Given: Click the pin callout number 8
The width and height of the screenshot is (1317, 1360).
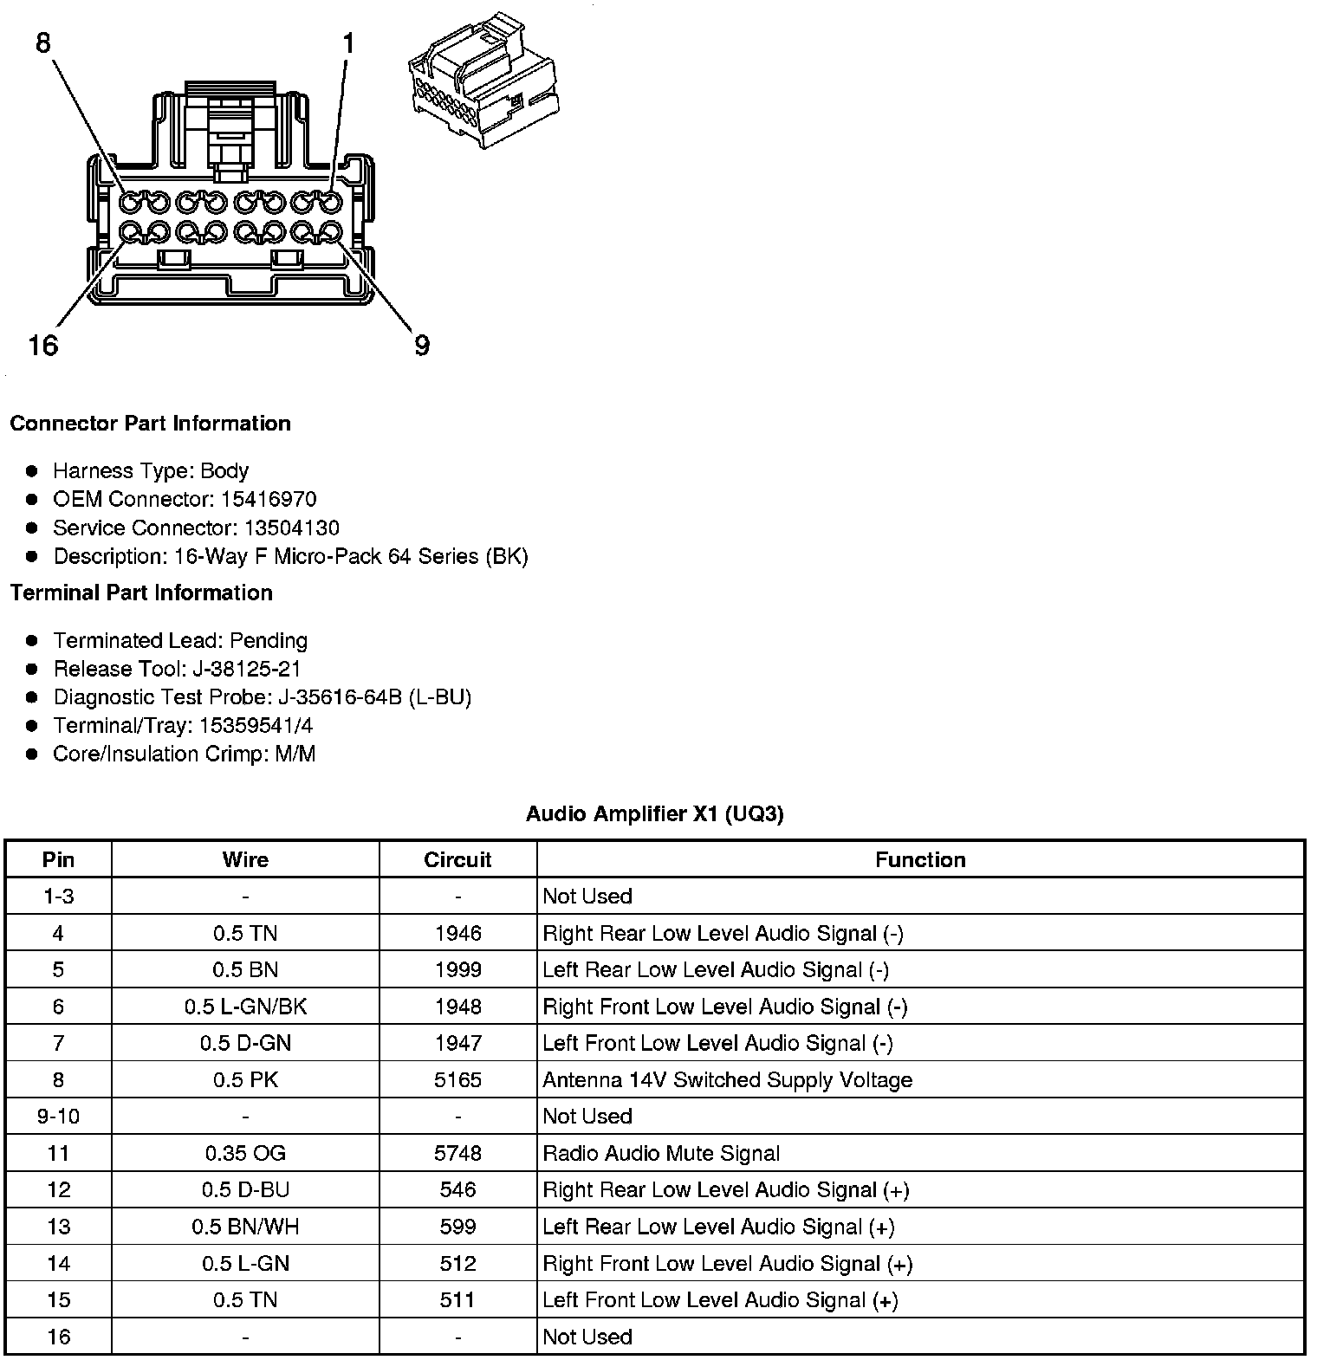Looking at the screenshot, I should point(43,42).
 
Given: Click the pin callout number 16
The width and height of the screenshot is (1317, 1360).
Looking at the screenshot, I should point(42,346).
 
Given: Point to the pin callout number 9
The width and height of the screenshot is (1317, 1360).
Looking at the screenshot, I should point(422,346).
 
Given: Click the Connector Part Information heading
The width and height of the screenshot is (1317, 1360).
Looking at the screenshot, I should point(150,424).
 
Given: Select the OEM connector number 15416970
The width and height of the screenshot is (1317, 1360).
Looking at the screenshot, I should point(269,499).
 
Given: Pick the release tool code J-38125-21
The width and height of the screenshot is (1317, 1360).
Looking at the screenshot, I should point(247,669).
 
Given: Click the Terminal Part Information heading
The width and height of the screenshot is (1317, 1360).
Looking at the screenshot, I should point(141,593).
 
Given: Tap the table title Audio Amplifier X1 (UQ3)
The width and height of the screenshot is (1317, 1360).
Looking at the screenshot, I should point(655,813).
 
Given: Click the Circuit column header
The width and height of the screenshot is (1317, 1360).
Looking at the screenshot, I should point(457,859).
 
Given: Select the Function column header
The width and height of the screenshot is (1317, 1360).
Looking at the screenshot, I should point(920,859).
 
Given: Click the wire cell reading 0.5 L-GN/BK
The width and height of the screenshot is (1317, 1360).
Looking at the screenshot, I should point(245,1007).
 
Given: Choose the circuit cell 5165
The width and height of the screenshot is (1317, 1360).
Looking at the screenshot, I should point(457,1080).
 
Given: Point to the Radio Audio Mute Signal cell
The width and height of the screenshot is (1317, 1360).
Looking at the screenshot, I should point(661,1153).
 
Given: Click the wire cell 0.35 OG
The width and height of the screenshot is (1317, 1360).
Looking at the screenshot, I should point(245,1153).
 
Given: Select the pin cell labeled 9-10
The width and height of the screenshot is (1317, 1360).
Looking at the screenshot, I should point(58,1117).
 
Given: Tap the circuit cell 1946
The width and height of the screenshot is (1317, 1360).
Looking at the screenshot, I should point(457,933).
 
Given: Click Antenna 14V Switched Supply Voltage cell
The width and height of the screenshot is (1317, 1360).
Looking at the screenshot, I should point(727,1080).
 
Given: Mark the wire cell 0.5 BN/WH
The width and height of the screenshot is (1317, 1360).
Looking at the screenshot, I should point(245,1227).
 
